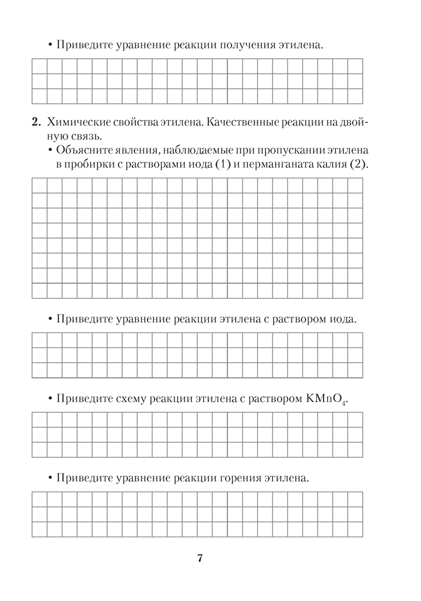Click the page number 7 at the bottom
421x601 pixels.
pyautogui.click(x=200, y=558)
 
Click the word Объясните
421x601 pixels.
pyautogui.click(x=81, y=150)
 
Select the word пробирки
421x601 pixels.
pyautogui.click(x=87, y=164)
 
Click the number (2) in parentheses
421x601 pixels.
pyautogui.click(x=357, y=164)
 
